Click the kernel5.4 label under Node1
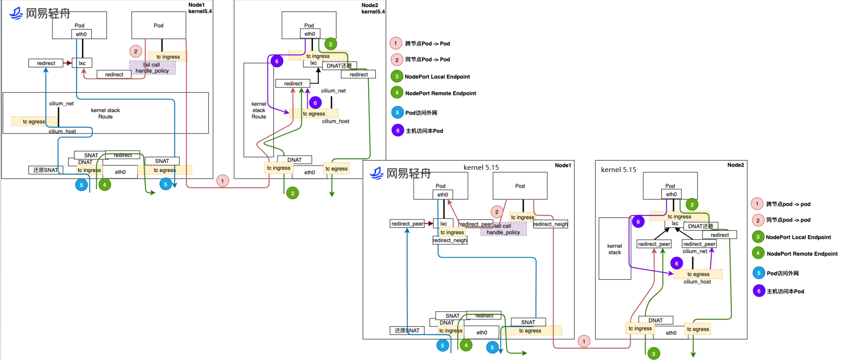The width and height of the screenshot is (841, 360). click(x=200, y=12)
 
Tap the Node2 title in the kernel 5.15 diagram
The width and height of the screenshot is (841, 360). click(x=735, y=165)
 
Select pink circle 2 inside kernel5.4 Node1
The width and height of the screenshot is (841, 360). click(x=136, y=51)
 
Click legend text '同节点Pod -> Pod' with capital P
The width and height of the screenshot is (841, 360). click(x=427, y=59)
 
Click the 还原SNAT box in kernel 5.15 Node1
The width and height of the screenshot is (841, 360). click(x=407, y=331)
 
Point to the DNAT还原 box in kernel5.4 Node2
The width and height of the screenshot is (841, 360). click(x=339, y=66)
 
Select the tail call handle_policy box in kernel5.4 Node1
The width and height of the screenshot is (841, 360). click(x=152, y=68)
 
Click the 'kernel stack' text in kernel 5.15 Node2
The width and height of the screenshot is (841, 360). click(x=614, y=249)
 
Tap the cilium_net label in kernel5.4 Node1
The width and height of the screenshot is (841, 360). click(x=61, y=104)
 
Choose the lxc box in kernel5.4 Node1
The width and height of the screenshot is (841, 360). click(x=82, y=63)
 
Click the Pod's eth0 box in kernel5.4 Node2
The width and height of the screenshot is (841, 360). click(x=310, y=34)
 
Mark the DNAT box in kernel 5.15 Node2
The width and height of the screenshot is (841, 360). click(x=655, y=321)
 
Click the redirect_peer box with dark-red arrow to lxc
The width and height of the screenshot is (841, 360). click(x=407, y=224)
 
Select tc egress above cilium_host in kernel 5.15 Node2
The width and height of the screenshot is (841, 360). click(x=698, y=274)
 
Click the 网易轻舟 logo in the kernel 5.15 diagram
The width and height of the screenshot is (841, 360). click(x=400, y=173)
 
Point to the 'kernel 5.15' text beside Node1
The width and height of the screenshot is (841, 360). click(x=481, y=168)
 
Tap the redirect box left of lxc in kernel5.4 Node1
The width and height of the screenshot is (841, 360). click(x=46, y=63)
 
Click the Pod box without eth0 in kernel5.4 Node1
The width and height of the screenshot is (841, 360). click(x=158, y=25)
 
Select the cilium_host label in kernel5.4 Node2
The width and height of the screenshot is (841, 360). click(x=335, y=121)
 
